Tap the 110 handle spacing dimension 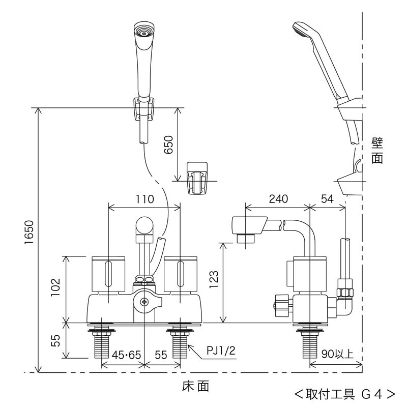(x=144, y=199)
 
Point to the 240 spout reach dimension (x=278, y=199)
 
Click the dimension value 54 (x=328, y=199)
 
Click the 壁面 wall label (x=377, y=151)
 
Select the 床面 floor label (x=195, y=387)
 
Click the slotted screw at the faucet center (x=144, y=303)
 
